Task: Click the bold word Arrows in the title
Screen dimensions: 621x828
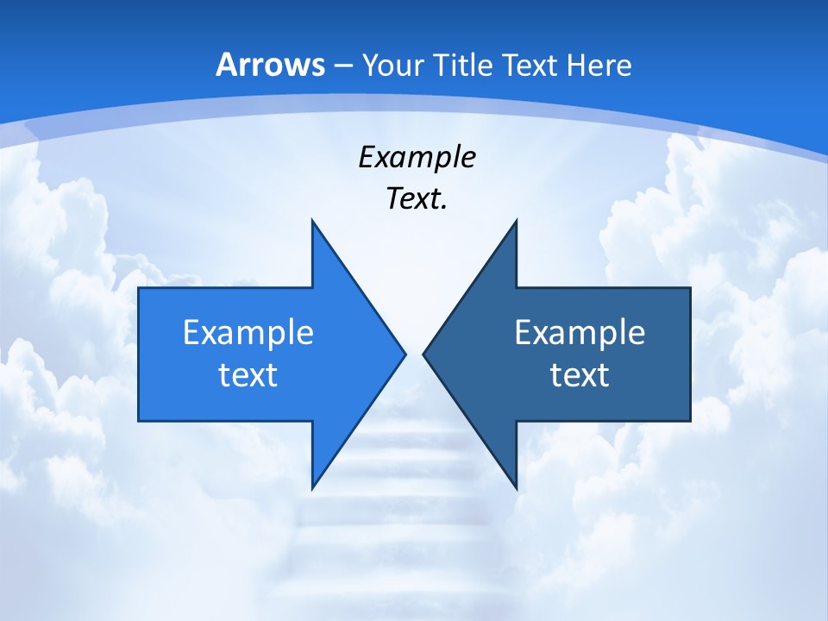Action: (271, 66)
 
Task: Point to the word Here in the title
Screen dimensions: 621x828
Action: (601, 66)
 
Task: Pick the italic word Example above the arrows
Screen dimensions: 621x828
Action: (417, 157)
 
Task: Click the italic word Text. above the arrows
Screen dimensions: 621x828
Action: (417, 198)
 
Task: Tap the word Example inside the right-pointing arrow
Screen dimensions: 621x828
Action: (248, 332)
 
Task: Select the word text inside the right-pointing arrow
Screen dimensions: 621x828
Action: (248, 375)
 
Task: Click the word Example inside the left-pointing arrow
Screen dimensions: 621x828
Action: (580, 332)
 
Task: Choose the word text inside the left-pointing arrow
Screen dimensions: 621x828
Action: (580, 375)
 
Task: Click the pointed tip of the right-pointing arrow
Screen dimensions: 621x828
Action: (405, 354)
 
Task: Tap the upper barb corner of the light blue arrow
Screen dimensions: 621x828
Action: (312, 222)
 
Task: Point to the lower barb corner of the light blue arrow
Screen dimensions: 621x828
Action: (312, 486)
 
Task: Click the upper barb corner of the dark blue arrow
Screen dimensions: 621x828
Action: (516, 222)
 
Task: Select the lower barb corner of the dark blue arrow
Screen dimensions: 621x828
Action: (516, 486)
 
